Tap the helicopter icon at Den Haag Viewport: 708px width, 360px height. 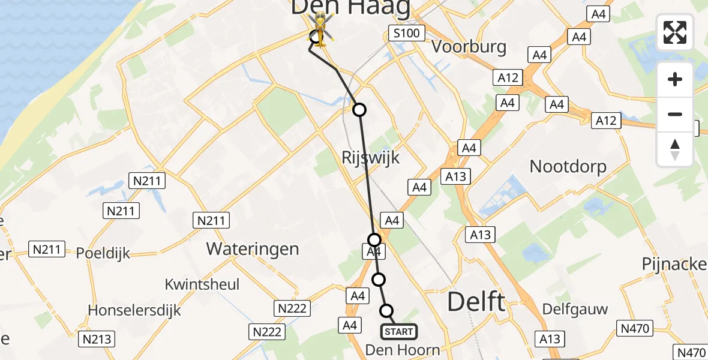320,30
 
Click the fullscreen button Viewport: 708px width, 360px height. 675,32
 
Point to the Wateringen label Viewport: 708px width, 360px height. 253,248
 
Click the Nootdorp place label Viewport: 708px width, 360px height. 568,166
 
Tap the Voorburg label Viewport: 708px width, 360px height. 469,47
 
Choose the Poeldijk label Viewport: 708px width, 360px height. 103,253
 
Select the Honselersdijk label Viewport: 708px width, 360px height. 134,310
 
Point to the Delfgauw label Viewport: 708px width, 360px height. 575,310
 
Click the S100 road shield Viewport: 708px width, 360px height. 407,33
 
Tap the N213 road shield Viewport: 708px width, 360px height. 97,339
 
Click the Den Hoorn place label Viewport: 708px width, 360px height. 403,350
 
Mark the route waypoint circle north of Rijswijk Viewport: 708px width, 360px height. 359,110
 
